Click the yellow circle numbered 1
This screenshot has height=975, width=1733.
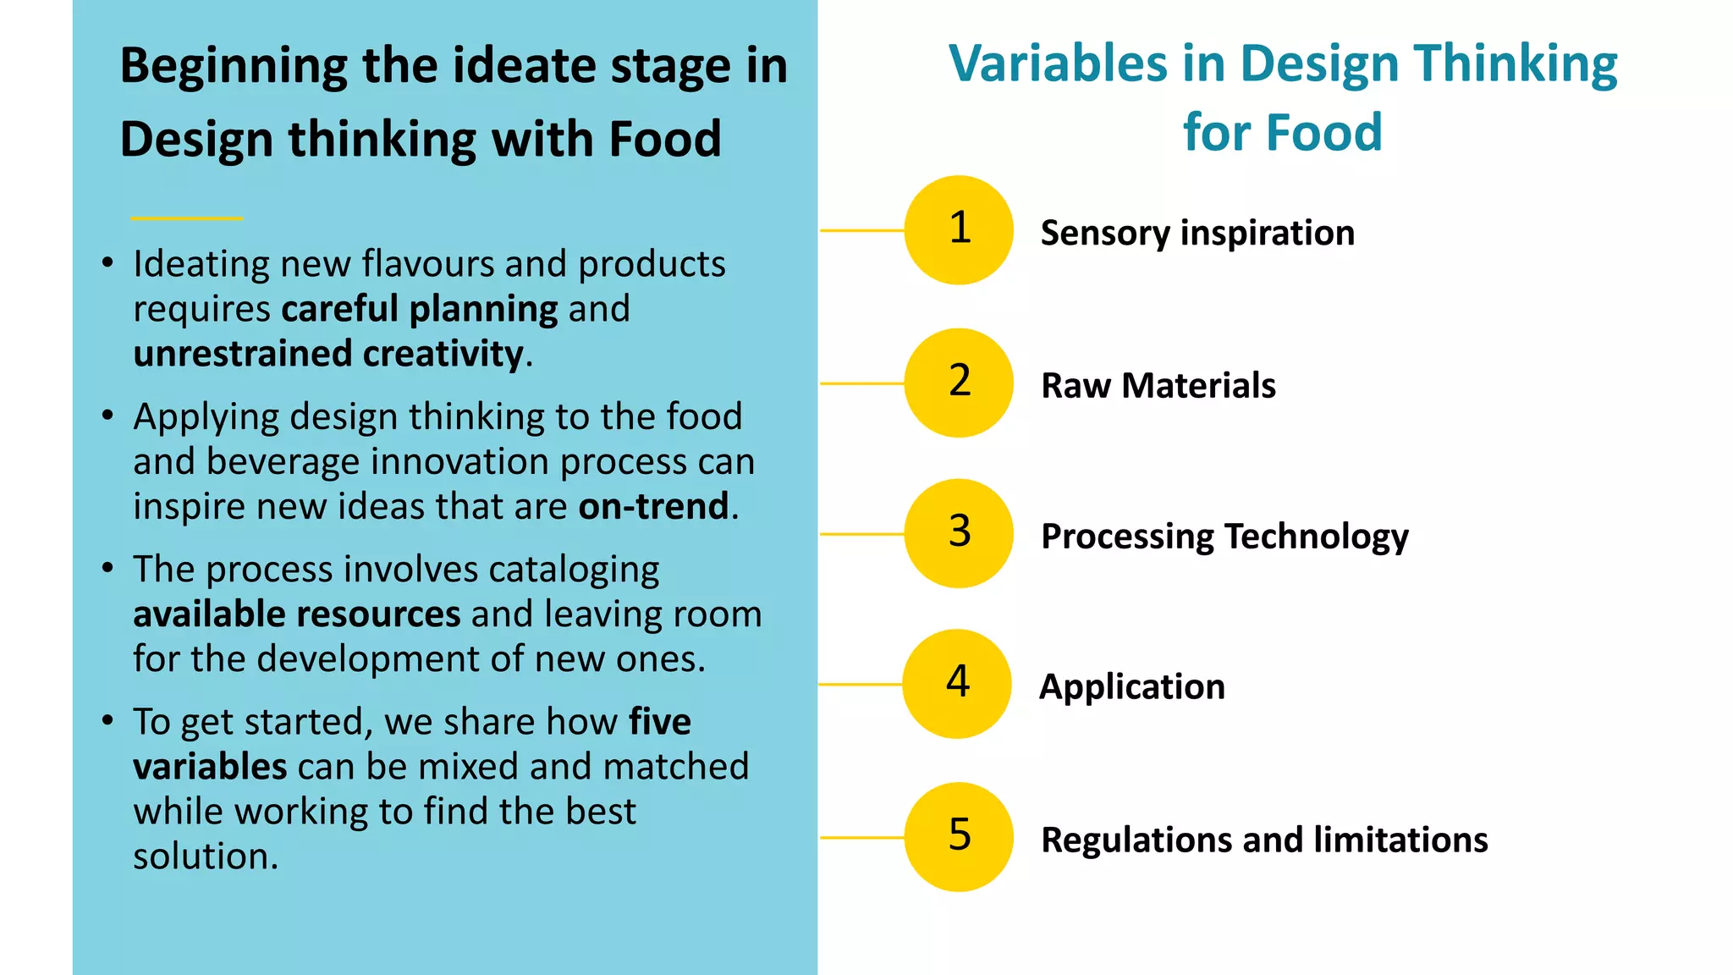pyautogui.click(x=959, y=230)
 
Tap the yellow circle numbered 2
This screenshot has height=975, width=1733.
pyautogui.click(x=959, y=383)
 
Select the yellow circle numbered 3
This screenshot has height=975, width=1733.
pyautogui.click(x=959, y=533)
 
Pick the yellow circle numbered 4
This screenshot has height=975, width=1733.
pyautogui.click(x=957, y=684)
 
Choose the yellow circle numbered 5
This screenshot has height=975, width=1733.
pyautogui.click(x=959, y=837)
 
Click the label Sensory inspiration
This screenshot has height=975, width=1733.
pyautogui.click(x=1197, y=233)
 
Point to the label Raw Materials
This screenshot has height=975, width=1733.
pyautogui.click(x=1158, y=386)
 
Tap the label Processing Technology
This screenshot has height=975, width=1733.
pyautogui.click(x=1224, y=537)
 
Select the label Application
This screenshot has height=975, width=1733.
pyautogui.click(x=1132, y=686)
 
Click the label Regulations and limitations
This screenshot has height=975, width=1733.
pyautogui.click(x=1264, y=840)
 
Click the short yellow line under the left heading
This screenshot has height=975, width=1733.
pyautogui.click(x=187, y=218)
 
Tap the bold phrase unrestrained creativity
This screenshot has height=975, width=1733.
pyautogui.click(x=328, y=354)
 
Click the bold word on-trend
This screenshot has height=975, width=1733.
pyautogui.click(x=653, y=506)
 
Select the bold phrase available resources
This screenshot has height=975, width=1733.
pyautogui.click(x=297, y=614)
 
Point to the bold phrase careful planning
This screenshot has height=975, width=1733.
pyautogui.click(x=420, y=309)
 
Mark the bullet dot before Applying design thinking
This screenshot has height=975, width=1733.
pyautogui.click(x=107, y=416)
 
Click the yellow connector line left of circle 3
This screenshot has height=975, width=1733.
pyautogui.click(x=861, y=534)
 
